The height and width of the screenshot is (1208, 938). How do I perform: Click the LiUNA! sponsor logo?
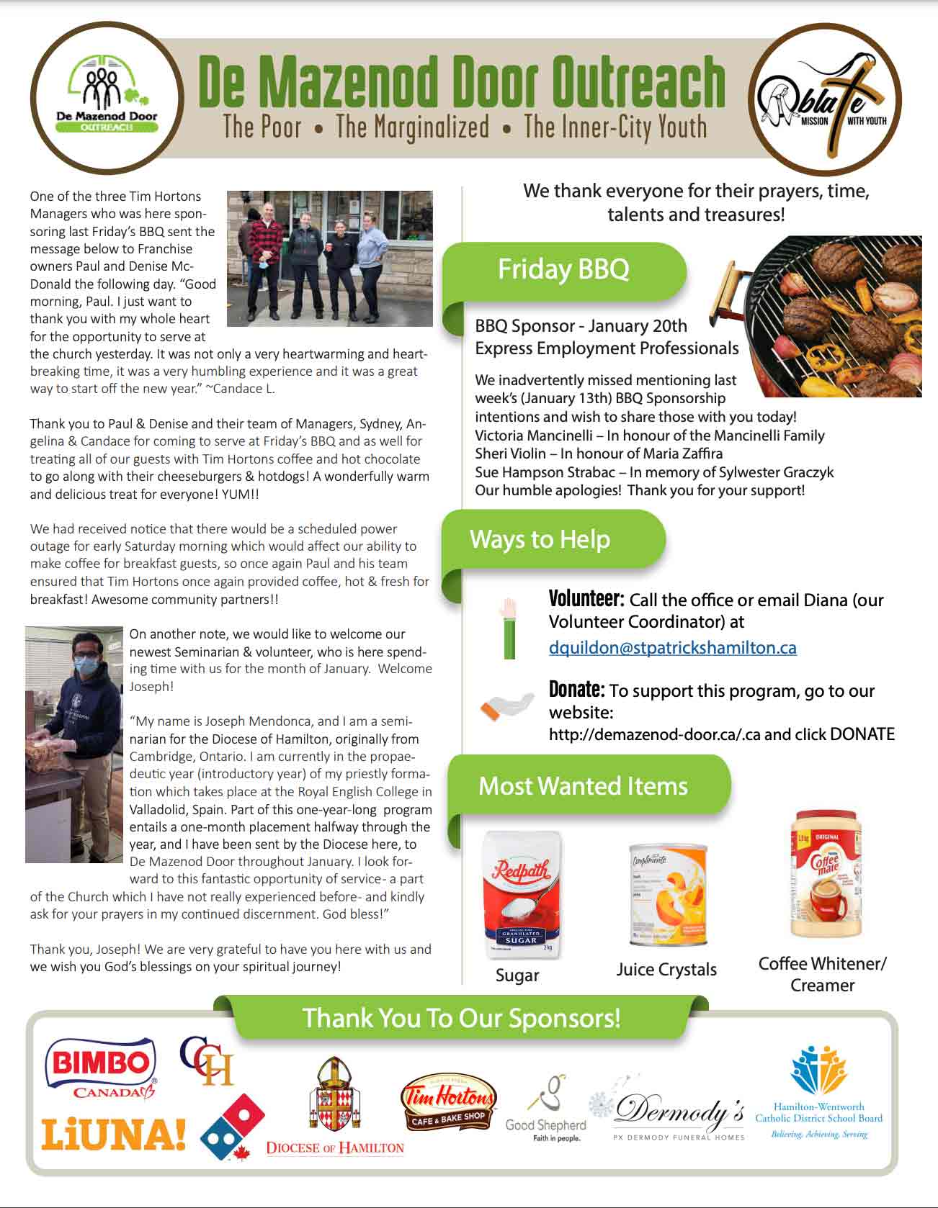[x=113, y=1135]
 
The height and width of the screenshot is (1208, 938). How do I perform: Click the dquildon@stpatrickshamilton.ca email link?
[x=672, y=648]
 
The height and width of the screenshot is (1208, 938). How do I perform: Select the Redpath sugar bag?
[x=521, y=895]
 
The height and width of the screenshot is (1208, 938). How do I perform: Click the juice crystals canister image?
[x=668, y=895]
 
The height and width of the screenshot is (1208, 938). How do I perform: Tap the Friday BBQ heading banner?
[x=563, y=270]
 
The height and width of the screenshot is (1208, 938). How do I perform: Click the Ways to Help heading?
[x=540, y=539]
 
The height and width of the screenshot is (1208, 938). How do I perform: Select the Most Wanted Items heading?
[x=583, y=785]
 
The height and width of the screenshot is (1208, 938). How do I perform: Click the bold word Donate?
[x=576, y=690]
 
